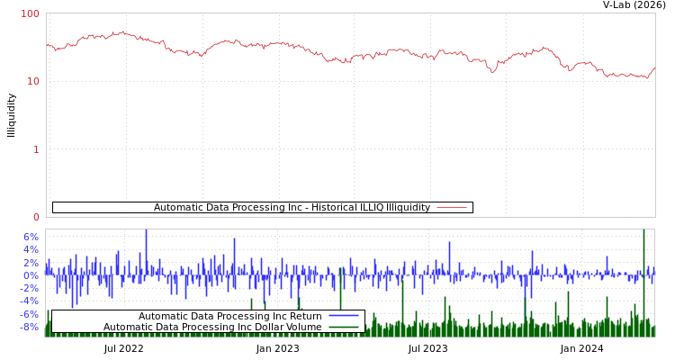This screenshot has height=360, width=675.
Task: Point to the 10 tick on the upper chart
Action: click(33, 81)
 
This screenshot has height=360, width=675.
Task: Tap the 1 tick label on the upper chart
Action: click(36, 149)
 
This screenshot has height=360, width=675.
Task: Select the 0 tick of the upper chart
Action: click(36, 217)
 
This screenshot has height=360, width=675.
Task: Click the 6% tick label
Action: click(31, 237)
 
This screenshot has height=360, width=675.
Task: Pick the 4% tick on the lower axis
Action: click(31, 249)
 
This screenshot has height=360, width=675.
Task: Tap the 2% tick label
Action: click(31, 262)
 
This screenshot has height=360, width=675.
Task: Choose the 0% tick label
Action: click(31, 275)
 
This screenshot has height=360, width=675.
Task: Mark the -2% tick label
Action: click(30, 288)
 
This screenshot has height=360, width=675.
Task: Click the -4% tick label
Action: click(30, 301)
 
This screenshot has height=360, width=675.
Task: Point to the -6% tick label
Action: click(30, 314)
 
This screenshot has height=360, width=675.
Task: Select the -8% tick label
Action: click(30, 327)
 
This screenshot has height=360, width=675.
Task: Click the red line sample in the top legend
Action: click(452, 208)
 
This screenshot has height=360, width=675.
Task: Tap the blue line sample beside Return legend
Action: click(344, 316)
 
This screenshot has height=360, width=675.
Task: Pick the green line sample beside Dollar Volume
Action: click(344, 327)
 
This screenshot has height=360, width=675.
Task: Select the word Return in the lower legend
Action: click(306, 316)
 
